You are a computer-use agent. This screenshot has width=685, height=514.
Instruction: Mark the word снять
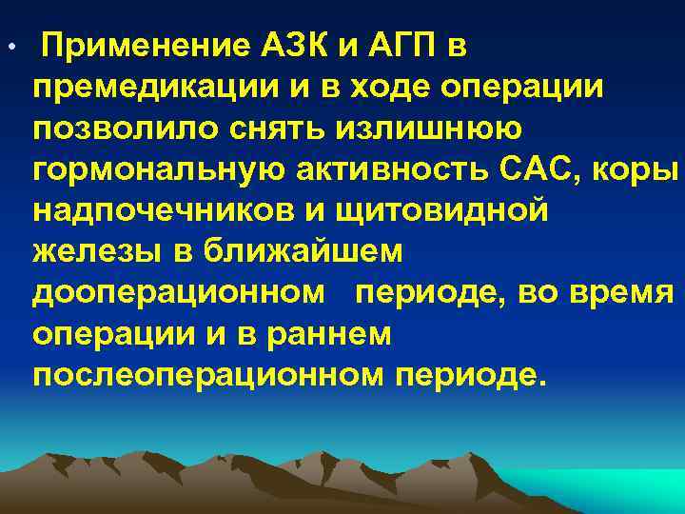pyautogui.click(x=245, y=128)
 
